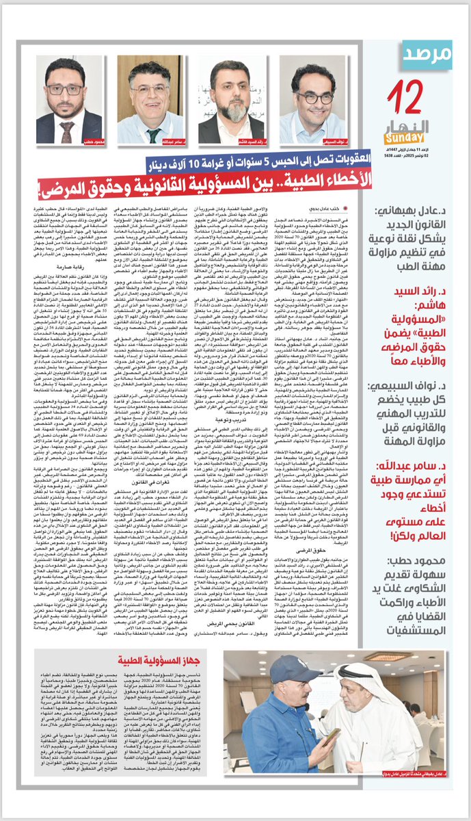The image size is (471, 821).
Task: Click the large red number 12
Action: [x=409, y=94]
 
